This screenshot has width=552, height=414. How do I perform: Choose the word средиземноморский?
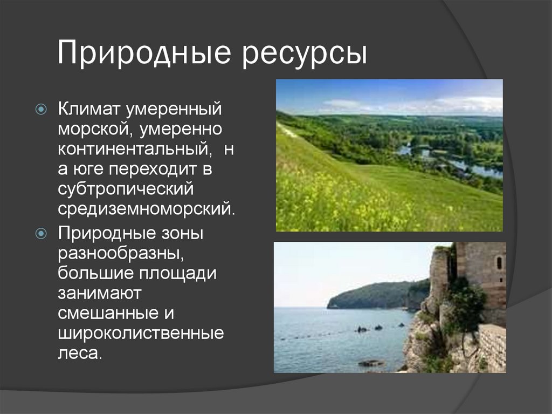point(146,208)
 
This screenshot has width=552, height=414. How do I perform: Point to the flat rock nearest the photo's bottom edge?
point(371,363)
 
